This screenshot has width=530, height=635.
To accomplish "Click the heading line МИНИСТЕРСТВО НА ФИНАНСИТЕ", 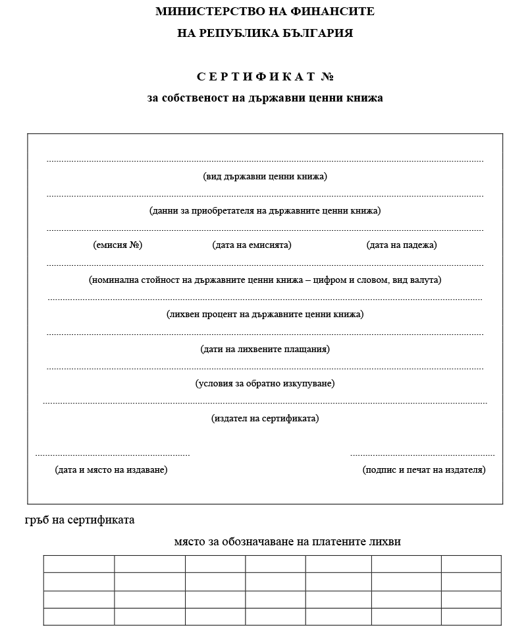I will coord(265,11).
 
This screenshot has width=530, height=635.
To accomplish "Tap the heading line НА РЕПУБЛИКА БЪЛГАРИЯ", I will coord(265,33).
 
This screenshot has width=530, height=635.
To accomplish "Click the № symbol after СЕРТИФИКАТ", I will coord(327,76).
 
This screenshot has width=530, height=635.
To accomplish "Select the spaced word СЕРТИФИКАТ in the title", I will coord(256,76).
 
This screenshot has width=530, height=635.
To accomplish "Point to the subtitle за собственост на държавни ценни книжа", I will coord(265,98).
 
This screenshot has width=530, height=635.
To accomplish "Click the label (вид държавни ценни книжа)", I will coord(265,176).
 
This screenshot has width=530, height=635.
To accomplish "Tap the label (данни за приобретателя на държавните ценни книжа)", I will coord(265,211).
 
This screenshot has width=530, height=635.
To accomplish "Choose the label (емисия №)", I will coord(118,245).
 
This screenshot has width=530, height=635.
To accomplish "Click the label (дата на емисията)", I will coord(252,245).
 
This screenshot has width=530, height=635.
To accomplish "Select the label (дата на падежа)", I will coord(402,245).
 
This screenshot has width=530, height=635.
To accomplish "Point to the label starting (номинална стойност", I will coord(265,280).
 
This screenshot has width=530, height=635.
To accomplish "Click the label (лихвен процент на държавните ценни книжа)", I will coord(265,314).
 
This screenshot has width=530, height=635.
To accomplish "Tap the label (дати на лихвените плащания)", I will coord(265,349).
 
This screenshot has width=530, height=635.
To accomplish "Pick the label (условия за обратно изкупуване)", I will coord(265,383).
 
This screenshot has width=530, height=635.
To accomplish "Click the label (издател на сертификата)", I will coord(265,418).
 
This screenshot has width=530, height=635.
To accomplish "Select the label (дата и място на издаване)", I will coord(111,470).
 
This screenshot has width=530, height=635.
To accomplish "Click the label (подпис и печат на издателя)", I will coord(424,470).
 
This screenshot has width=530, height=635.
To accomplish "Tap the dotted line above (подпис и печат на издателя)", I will coord(422,455).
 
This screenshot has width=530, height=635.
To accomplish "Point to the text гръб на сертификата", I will coord(80,520).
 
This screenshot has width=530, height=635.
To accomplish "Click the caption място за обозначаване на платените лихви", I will coord(287,542).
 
